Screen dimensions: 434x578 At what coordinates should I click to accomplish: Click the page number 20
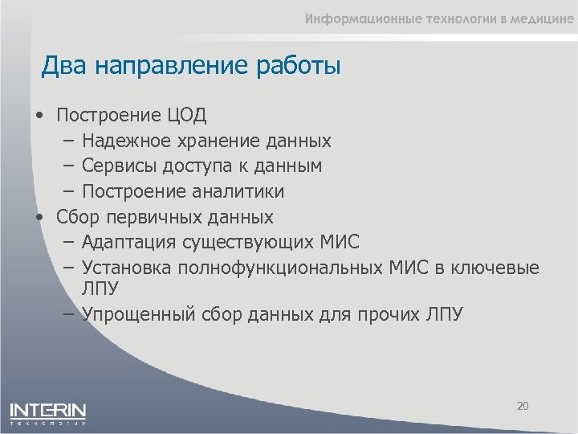tap(523, 406)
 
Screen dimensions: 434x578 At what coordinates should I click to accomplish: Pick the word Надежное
tap(125, 141)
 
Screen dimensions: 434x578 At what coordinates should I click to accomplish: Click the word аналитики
tap(238, 192)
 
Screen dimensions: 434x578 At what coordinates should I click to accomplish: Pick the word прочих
tap(387, 313)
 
